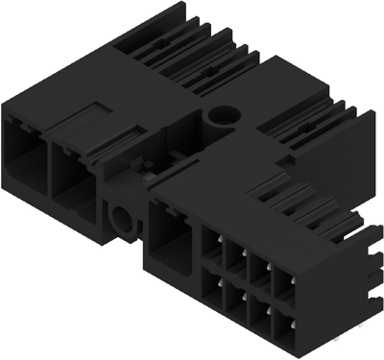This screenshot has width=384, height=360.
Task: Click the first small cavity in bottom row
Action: click(213, 289)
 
